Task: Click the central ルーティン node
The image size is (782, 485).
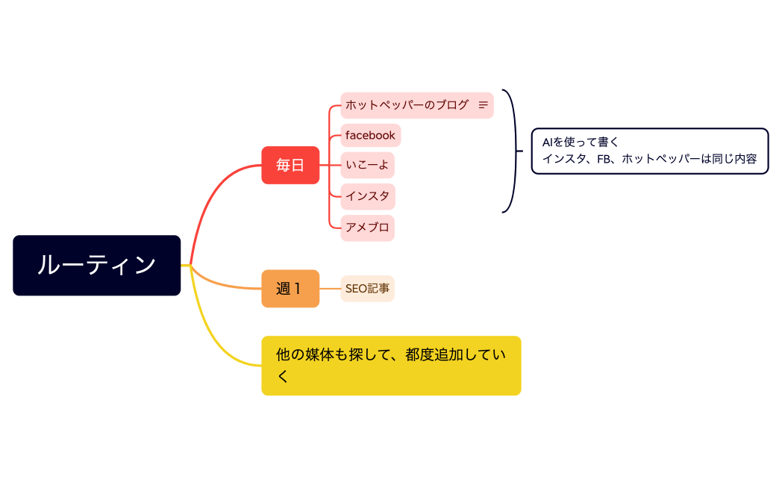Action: [x=96, y=266]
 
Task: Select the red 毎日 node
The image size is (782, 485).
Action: [x=290, y=165]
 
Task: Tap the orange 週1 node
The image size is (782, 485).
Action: [x=290, y=289]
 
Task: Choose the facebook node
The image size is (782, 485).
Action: [x=370, y=135]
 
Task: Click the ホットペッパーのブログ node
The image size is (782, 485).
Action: [x=407, y=105]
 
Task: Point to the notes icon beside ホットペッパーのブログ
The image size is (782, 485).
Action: [x=483, y=105]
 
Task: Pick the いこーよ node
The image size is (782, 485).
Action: [x=367, y=165]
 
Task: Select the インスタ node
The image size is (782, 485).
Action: [x=367, y=196]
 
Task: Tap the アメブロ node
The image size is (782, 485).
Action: [x=367, y=228]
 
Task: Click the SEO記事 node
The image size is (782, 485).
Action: [x=367, y=289]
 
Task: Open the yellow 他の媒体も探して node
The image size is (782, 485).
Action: [x=391, y=366]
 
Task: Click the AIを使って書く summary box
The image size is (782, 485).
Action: [x=649, y=151]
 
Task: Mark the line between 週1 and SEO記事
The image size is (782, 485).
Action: [x=330, y=289]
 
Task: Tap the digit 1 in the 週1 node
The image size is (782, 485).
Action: [x=298, y=289]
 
